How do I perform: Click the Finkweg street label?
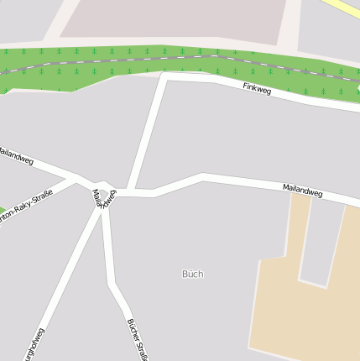click(x=257, y=88)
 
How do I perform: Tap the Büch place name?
click(x=192, y=274)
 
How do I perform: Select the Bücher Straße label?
click(x=138, y=338)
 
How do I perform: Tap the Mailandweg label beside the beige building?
click(x=302, y=191)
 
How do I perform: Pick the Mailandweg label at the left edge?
click(x=15, y=154)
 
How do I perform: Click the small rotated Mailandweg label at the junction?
click(x=104, y=197)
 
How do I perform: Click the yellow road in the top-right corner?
click(x=344, y=8)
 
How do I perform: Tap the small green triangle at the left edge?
click(x=3, y=210)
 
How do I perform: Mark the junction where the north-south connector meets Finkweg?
click(x=164, y=78)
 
